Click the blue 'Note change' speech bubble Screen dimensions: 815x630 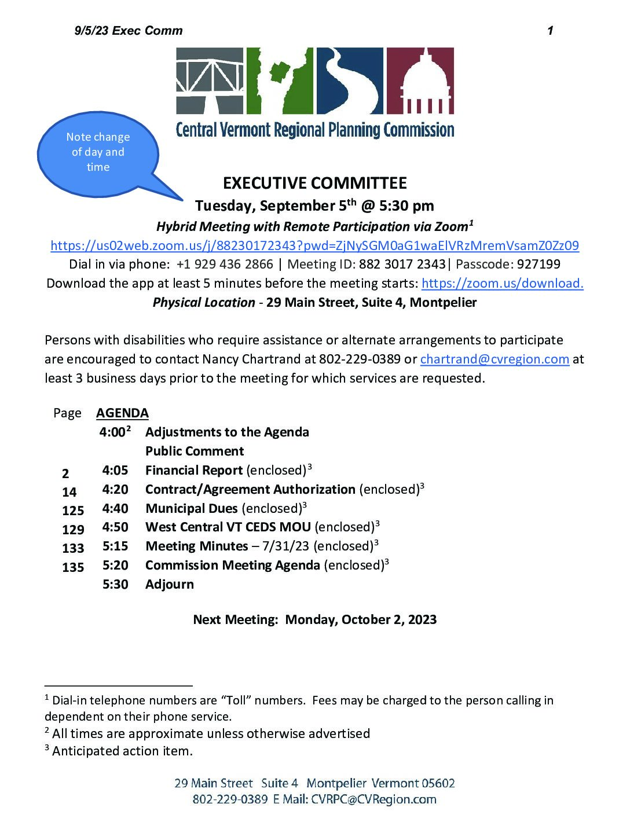click(98, 152)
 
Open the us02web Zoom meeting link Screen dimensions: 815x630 click(314, 245)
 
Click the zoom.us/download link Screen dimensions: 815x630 click(502, 283)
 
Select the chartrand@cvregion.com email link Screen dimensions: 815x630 click(495, 359)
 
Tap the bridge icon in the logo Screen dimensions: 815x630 click(210, 80)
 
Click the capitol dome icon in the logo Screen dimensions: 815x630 click(420, 80)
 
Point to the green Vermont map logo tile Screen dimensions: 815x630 click(280, 80)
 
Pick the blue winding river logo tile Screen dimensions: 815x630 click(350, 80)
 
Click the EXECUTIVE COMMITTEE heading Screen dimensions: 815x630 click(314, 183)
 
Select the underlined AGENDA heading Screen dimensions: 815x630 click(122, 413)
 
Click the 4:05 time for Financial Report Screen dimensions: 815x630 click(115, 471)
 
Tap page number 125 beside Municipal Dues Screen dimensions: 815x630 click(73, 511)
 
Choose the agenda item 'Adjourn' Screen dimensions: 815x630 click(170, 585)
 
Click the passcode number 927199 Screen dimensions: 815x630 click(539, 265)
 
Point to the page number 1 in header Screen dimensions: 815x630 click(550, 31)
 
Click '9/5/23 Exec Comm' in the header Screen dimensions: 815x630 click(129, 31)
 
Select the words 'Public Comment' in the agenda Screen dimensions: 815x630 click(195, 451)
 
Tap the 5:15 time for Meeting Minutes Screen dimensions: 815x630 click(115, 546)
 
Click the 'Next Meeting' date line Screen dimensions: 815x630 click(314, 620)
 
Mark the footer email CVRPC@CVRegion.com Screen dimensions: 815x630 click(373, 799)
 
